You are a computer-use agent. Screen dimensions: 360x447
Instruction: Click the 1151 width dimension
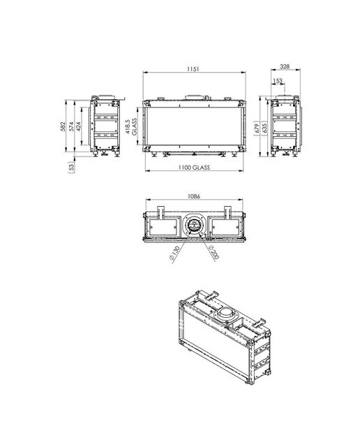pos(193,68)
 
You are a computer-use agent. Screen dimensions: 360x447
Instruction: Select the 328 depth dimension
pos(285,66)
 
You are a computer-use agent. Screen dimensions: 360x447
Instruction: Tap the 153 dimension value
pos(278,81)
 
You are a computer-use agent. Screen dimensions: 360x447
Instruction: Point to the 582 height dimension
pos(63,126)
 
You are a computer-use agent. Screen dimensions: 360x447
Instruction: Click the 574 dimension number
pos(71,126)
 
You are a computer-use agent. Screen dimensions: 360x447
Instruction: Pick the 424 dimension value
pos(79,126)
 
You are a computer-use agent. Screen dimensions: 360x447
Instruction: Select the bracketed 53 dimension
pos(71,166)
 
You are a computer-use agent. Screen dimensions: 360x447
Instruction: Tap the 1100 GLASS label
pos(194,168)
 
